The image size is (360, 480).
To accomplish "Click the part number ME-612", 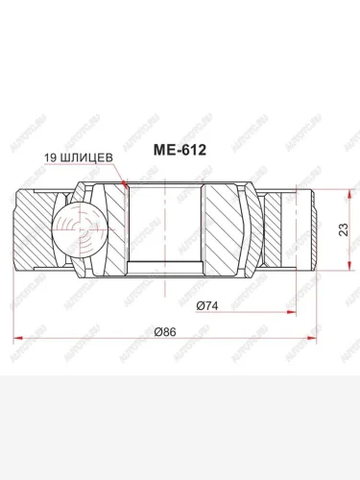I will click(182, 151).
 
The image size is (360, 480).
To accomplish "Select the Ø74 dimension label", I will click(209, 306).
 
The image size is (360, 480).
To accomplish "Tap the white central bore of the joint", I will click(165, 229).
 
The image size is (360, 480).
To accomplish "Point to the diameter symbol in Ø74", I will click(200, 306).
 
